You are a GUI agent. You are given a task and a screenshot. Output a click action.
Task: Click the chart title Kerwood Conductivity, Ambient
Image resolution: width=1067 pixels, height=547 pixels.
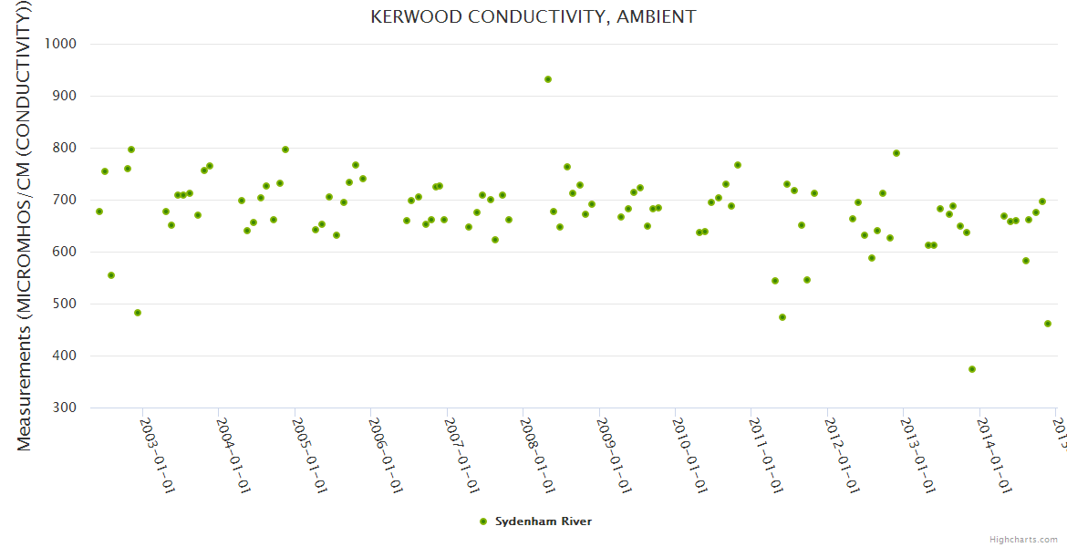coord(533,16)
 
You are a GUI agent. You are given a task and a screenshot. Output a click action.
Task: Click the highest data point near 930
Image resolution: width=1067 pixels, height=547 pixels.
coord(548,79)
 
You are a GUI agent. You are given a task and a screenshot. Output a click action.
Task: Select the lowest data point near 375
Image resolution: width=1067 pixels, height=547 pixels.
coord(972,369)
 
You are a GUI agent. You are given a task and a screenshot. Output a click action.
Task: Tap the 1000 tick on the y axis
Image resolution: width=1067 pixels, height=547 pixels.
coord(59,44)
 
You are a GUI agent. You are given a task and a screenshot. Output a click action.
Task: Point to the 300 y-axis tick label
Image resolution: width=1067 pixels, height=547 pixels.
coord(64,408)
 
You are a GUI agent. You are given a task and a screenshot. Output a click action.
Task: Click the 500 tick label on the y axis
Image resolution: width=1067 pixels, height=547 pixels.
coord(64,304)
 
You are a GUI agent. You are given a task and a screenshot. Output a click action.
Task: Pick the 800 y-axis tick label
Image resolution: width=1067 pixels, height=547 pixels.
coord(64,148)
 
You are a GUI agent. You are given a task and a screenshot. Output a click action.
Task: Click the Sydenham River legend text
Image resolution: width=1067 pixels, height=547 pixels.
coord(544,521)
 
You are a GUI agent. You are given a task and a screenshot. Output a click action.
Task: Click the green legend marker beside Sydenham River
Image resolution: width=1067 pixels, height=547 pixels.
coord(483,521)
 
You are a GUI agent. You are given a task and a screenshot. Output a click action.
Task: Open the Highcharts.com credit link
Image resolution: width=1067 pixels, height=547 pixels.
coord(1024,539)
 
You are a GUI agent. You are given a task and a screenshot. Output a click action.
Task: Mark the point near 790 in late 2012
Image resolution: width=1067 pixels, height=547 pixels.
coord(896,153)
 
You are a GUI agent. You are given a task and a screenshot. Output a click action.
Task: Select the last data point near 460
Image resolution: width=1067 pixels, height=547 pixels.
coord(1048,324)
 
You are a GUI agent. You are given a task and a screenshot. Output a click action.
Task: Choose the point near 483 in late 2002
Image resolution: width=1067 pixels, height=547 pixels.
coord(138,313)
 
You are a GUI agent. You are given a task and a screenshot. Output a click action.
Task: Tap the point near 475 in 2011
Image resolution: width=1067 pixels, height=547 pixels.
coord(782,317)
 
